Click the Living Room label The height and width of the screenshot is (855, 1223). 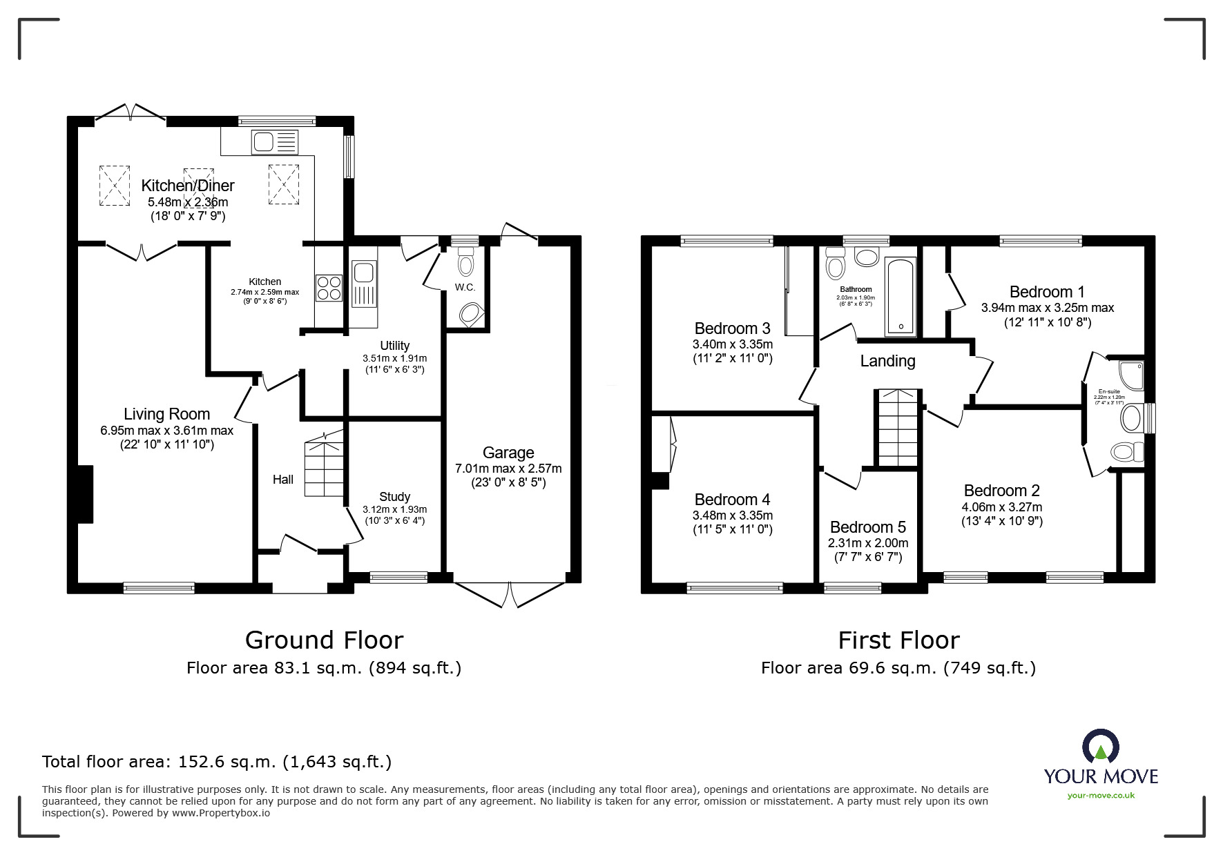pos(166,414)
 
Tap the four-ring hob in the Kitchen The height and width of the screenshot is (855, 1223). pos(329,287)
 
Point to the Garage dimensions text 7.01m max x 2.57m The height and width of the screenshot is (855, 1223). pos(508,469)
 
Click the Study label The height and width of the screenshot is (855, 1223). pos(394,497)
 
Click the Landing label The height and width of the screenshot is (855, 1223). pos(887,361)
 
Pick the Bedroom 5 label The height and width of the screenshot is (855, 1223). pos(868,528)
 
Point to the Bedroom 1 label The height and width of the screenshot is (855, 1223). pos(1046,291)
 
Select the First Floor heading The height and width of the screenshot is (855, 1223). pos(898,640)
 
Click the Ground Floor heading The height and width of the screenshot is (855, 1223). pos(324,640)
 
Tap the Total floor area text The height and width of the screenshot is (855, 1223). pos(217,762)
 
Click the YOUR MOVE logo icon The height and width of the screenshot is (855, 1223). pos(1101,747)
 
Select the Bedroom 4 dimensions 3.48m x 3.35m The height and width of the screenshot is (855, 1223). pos(732,515)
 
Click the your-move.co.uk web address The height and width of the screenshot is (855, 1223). pos(1101,796)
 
